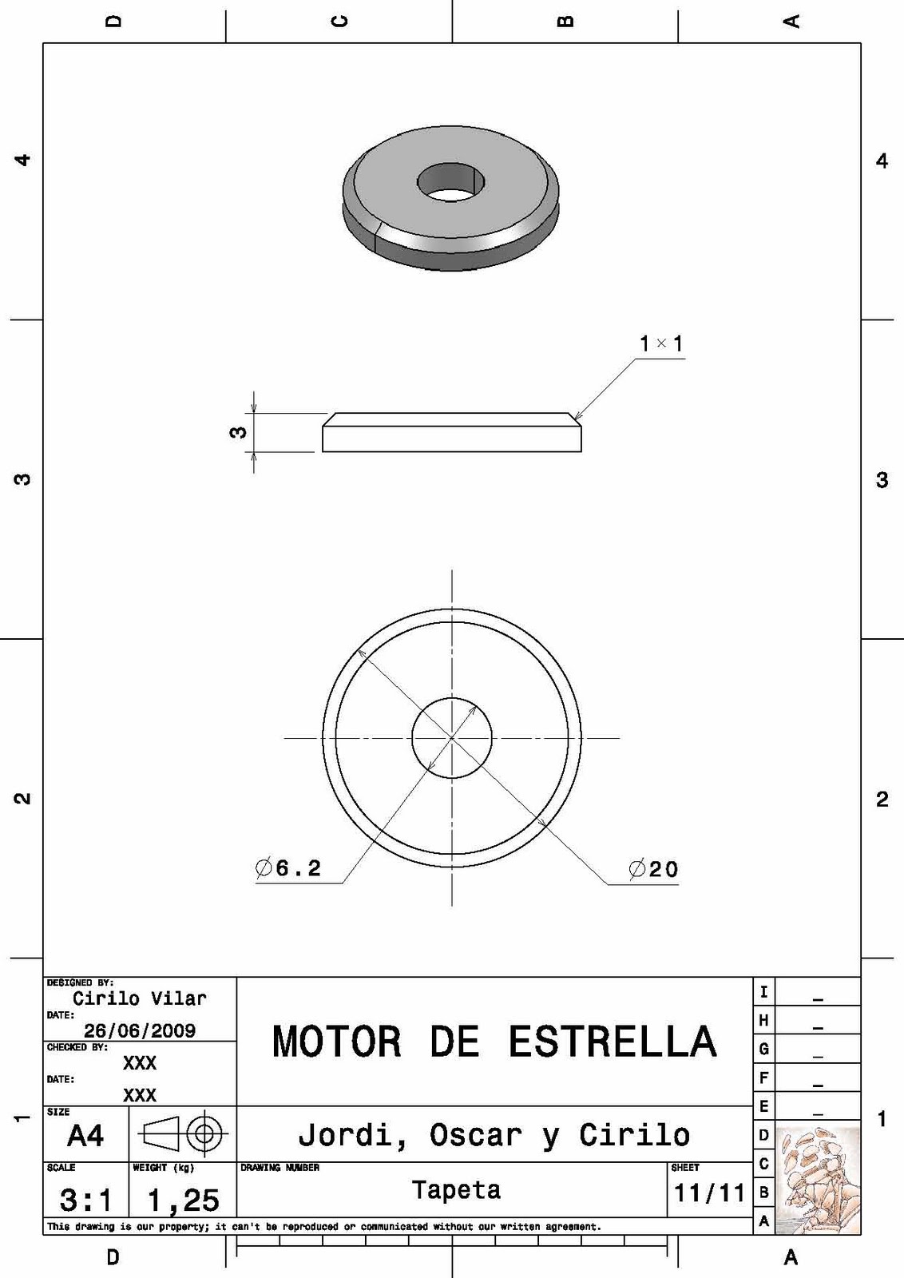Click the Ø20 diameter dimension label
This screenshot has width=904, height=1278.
click(x=653, y=869)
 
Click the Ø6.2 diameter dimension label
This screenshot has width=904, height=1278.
click(x=289, y=867)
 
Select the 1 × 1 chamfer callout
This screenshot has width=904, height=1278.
click(x=661, y=344)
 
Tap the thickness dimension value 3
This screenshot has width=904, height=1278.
click(x=238, y=432)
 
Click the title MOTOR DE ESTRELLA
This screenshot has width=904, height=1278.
click(x=494, y=1042)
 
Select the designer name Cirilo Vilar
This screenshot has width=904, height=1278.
click(x=140, y=998)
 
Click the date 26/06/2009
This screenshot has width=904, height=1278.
click(x=140, y=1030)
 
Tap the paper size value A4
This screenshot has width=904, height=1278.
click(x=85, y=1135)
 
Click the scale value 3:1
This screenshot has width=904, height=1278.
click(x=85, y=1200)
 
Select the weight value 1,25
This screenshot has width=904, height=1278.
click(x=183, y=1200)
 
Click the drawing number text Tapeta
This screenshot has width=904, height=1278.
click(x=456, y=1190)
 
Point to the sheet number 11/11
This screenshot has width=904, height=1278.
click(x=709, y=1193)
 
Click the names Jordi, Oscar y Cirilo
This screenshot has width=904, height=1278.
click(x=494, y=1135)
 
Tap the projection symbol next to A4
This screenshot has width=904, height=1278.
click(x=183, y=1133)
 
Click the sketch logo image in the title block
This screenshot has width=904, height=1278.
click(x=818, y=1181)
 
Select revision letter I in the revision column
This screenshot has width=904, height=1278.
click(x=763, y=992)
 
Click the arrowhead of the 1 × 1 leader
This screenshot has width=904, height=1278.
click(x=576, y=417)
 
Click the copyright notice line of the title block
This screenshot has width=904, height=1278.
click(x=323, y=1226)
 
